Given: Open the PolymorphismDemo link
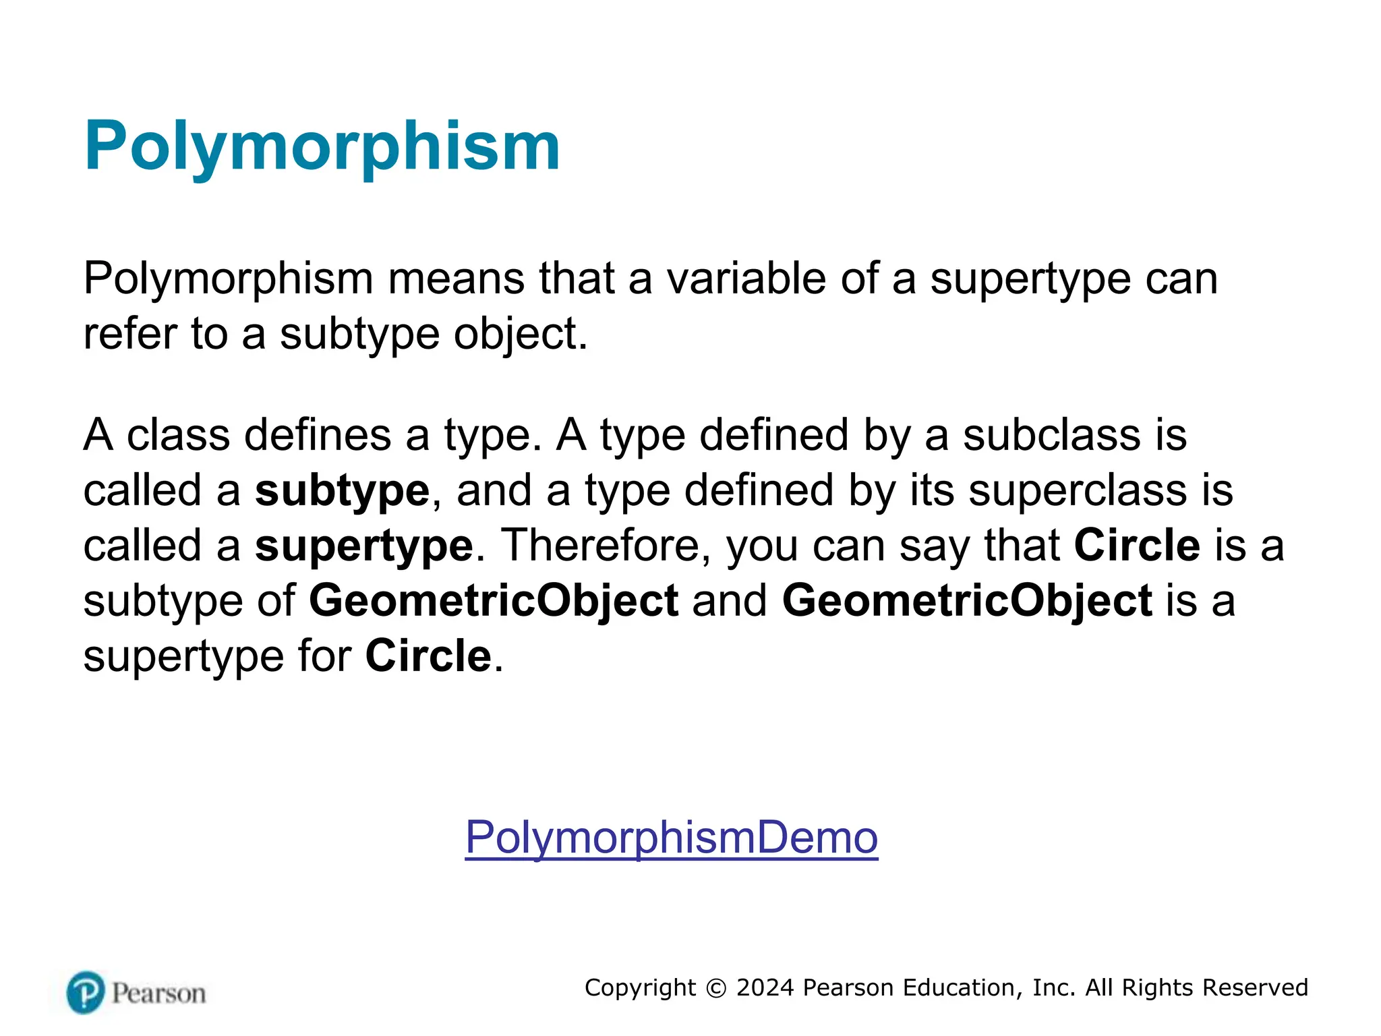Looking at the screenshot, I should pos(671,837).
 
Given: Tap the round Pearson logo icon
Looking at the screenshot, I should pos(86,992).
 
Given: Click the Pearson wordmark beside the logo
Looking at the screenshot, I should pos(158,994).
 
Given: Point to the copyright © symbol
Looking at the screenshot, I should pos(716,988).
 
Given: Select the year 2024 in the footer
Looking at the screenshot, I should pos(765,988).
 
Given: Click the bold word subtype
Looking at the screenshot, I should pos(342,490).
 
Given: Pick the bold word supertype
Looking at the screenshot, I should pos(364,546).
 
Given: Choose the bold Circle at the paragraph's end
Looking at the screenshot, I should pos(428,656).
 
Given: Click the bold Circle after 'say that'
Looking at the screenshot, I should pos(1136,546).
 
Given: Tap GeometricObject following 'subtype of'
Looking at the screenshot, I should pos(494,600).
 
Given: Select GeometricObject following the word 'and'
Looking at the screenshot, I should pos(967,600).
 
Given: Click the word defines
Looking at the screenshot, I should pos(317,435).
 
